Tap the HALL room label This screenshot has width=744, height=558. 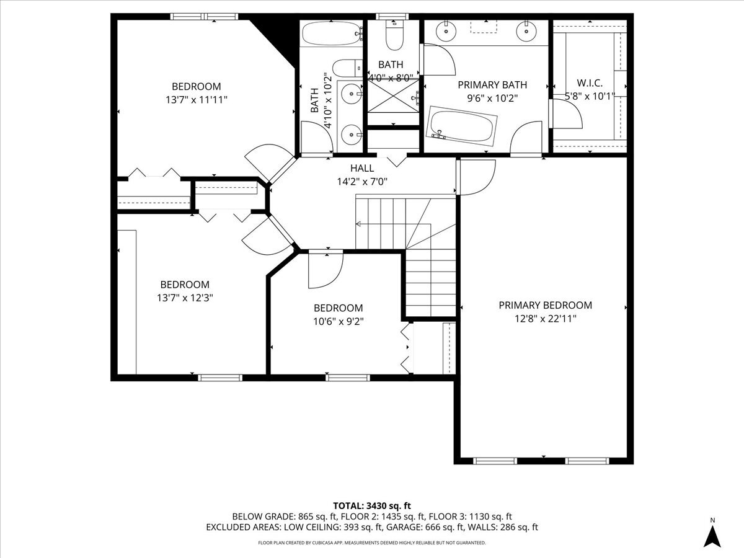tap(362, 168)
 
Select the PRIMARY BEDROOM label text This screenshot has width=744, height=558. tap(545, 305)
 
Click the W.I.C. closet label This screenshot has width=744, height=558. tap(589, 82)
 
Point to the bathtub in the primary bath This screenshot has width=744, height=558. tap(463, 127)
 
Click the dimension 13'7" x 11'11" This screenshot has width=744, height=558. tap(196, 99)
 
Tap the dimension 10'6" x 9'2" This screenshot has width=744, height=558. tap(338, 321)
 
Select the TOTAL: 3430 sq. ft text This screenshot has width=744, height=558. tap(371, 505)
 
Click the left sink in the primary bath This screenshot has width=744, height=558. tap(445, 29)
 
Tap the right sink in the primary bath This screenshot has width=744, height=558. tap(526, 29)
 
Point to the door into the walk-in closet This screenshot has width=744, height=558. tap(565, 113)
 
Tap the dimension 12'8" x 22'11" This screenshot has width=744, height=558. tap(545, 319)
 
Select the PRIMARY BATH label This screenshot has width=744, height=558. tap(492, 84)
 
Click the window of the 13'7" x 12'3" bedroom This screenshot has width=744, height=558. tap(220, 377)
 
